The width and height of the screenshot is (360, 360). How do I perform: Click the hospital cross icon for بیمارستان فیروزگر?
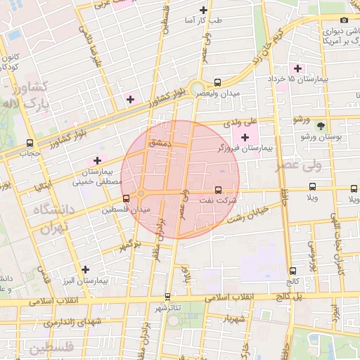click(x=245, y=136)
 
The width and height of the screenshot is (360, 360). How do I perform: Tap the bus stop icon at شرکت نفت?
click(x=217, y=189)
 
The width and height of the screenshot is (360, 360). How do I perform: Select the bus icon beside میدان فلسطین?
click(x=126, y=198)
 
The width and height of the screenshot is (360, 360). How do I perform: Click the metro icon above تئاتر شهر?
click(x=167, y=296)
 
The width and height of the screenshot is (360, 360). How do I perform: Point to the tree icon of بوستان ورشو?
click(x=321, y=127)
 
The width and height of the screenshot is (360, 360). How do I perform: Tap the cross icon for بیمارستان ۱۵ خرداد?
click(x=298, y=68)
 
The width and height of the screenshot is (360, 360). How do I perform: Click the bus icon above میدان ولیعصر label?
click(x=217, y=82)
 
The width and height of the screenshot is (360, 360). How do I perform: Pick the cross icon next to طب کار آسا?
click(x=203, y=10)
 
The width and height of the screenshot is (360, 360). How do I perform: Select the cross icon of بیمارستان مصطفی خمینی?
click(x=97, y=161)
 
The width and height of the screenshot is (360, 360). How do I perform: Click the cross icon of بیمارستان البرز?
click(x=85, y=269)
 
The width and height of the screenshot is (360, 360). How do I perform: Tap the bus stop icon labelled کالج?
click(x=292, y=270)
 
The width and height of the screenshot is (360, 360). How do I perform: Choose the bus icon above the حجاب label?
click(x=29, y=141)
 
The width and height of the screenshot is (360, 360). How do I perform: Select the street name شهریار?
click(x=235, y=319)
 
